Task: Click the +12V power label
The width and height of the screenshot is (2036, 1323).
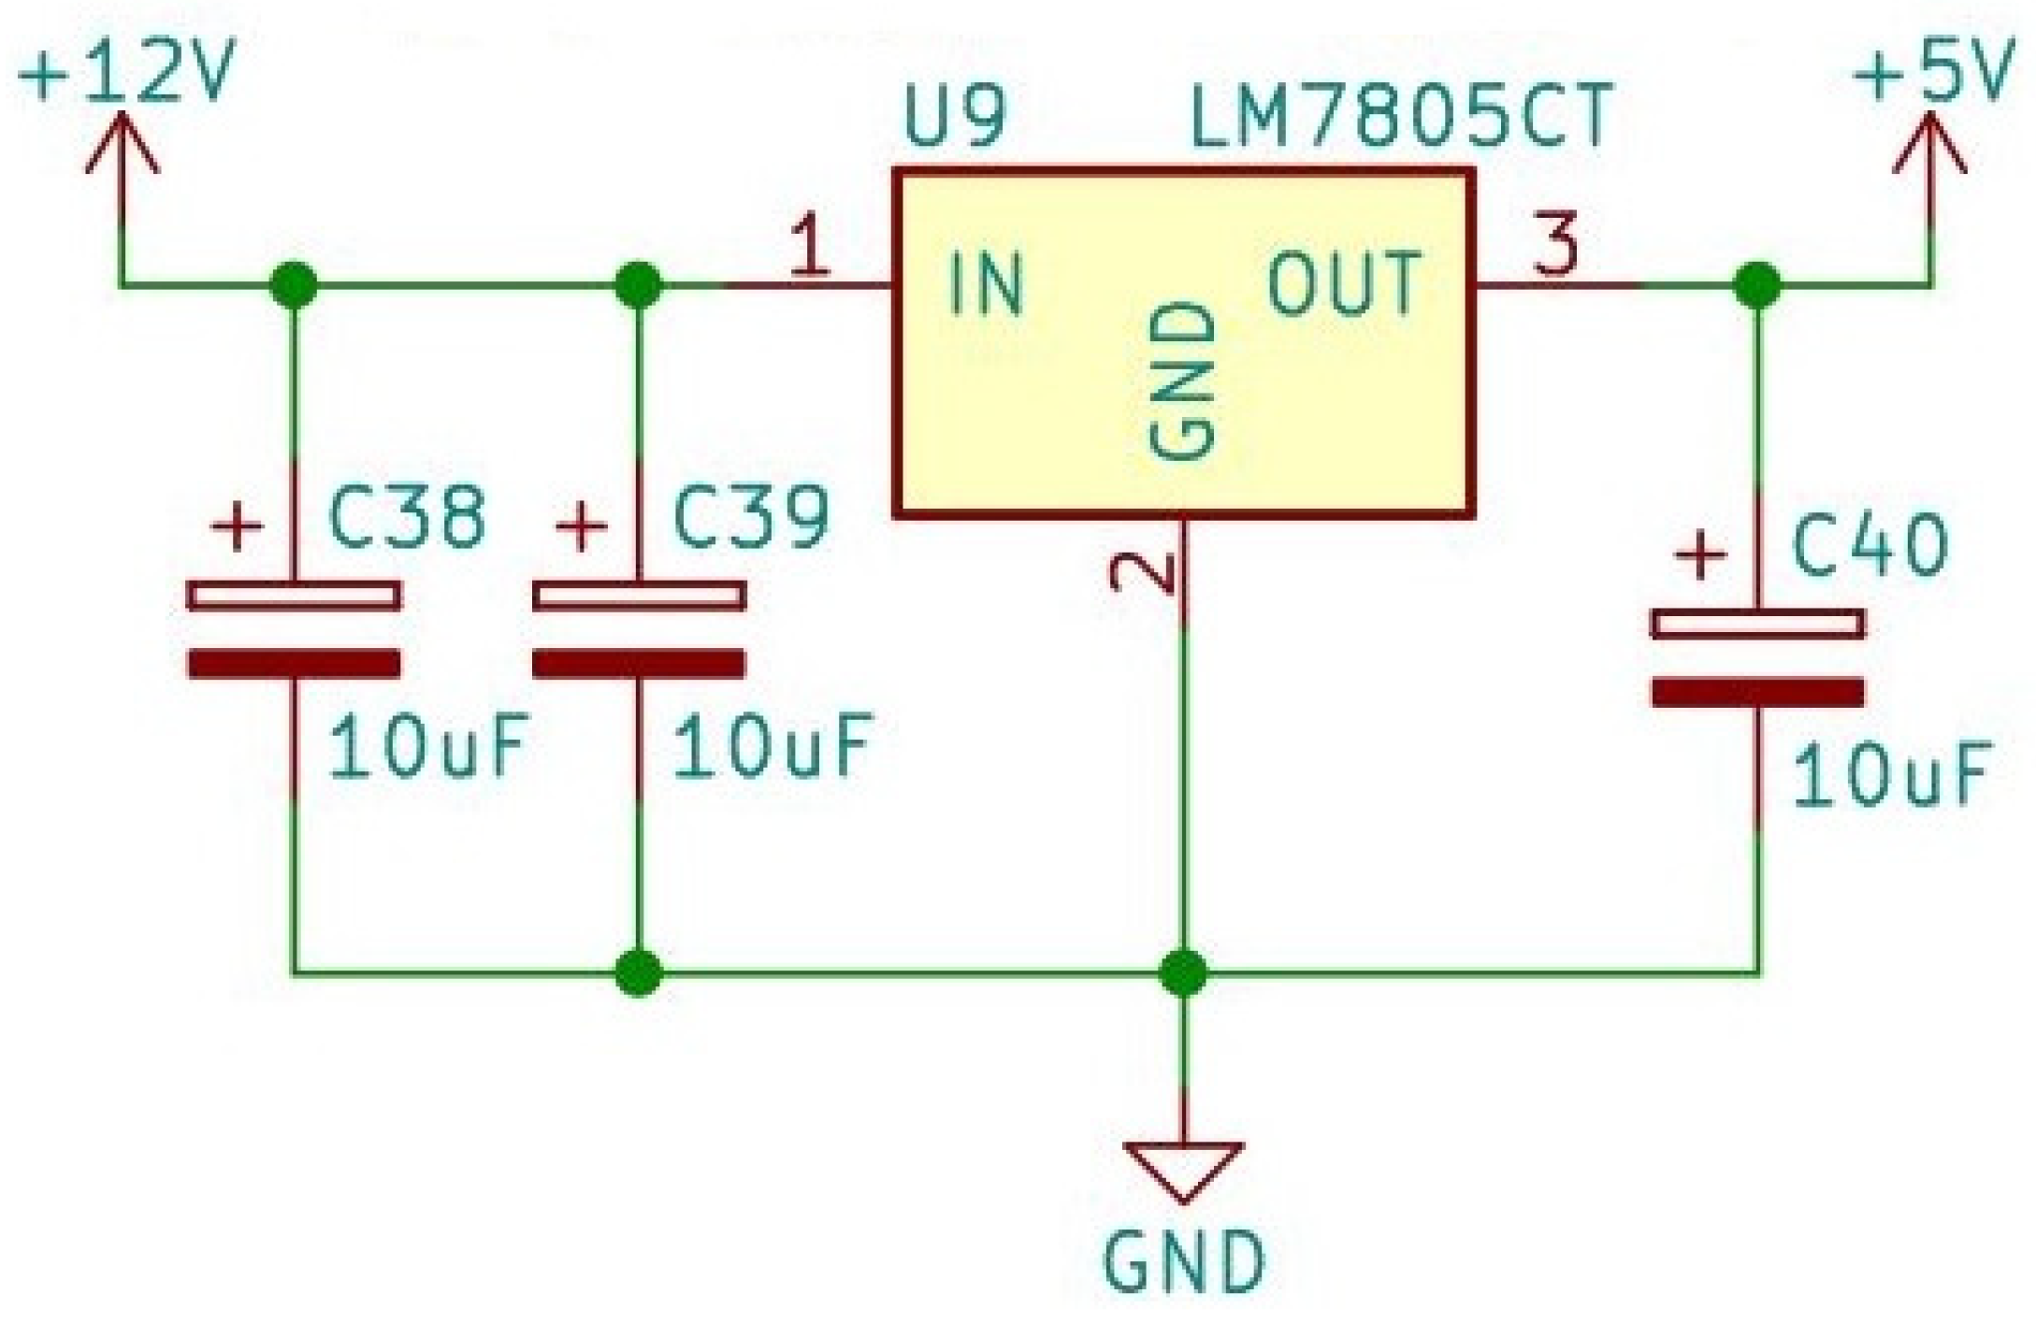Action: point(123,73)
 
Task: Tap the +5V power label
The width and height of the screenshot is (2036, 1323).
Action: point(1932,73)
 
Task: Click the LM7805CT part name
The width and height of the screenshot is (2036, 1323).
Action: point(1400,119)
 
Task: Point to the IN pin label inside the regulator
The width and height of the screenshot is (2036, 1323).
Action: point(986,284)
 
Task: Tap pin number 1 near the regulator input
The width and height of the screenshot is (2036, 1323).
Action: point(810,246)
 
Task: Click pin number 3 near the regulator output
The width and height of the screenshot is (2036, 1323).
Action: point(1555,244)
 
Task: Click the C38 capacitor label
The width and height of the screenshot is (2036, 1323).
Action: point(408,516)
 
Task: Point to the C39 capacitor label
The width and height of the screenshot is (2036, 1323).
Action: point(751,516)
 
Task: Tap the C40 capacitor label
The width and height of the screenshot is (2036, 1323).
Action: point(1870,546)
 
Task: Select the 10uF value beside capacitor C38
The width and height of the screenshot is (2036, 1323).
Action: point(428,747)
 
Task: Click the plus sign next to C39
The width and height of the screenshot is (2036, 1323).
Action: point(582,526)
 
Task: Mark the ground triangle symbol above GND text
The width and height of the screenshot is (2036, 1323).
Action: point(1183,1168)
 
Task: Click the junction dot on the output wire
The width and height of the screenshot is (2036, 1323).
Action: point(1756,284)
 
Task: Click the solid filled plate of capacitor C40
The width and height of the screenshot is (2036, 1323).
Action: point(1757,693)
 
